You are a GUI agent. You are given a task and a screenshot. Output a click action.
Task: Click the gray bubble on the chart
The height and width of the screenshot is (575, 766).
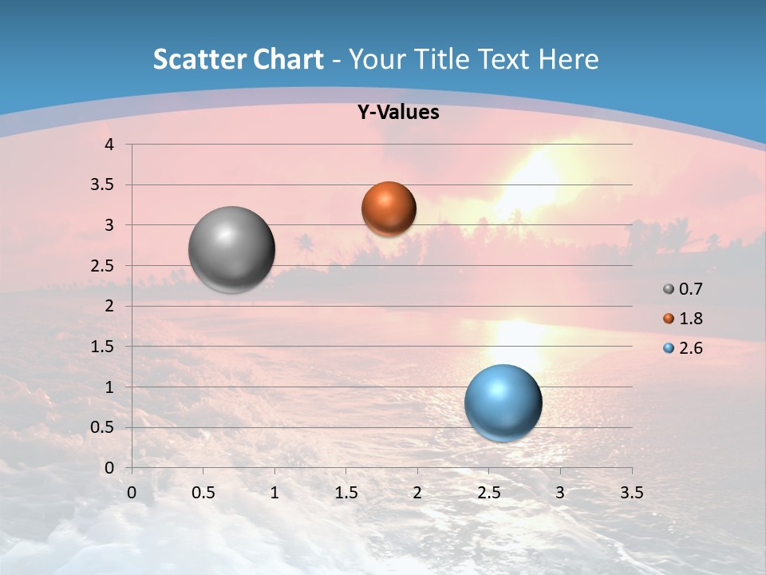[x=232, y=249]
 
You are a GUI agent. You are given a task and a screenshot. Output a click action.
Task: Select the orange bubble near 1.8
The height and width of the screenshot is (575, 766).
[x=389, y=208]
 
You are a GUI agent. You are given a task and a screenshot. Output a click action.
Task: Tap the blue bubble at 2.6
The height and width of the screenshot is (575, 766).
[x=503, y=402]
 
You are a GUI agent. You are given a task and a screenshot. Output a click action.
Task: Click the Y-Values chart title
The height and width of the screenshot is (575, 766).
[x=398, y=113]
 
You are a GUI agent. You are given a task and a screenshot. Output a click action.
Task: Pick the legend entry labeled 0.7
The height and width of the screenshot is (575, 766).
[x=684, y=289]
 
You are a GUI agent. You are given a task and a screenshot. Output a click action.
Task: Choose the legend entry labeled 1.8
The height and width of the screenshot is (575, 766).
[x=684, y=319]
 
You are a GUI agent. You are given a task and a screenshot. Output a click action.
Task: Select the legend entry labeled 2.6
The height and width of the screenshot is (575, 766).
[x=684, y=348]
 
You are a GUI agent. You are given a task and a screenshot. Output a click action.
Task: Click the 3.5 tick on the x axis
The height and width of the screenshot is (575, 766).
[x=631, y=493]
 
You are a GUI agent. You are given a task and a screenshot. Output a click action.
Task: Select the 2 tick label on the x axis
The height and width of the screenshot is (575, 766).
[x=417, y=493]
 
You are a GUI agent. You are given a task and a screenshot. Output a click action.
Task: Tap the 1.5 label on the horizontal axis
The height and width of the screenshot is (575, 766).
[x=345, y=493]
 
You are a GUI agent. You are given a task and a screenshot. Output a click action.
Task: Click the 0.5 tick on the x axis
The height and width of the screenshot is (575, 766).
[x=203, y=493]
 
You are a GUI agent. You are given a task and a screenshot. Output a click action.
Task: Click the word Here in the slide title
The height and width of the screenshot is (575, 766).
[x=568, y=59]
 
